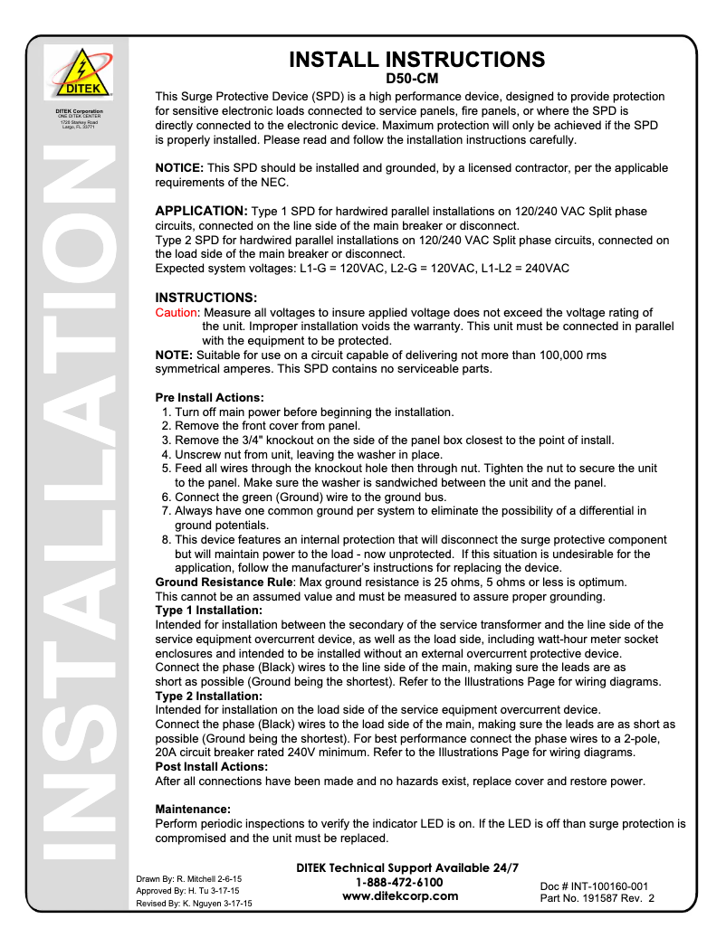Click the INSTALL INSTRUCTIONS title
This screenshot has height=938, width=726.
coord(416,61)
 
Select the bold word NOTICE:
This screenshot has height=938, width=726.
coord(179,168)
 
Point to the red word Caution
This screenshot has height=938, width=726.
coord(177,313)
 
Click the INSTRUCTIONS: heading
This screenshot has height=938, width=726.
coord(206,298)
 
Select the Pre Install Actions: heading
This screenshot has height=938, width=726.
coord(210,398)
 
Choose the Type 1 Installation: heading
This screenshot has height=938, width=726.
coord(209,611)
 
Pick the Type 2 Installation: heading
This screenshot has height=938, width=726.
coord(209,696)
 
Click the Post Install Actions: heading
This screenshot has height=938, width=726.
coord(212,766)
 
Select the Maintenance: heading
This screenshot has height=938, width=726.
coord(193,808)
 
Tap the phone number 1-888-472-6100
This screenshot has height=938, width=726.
coord(399,882)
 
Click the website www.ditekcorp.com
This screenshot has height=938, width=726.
coord(400,896)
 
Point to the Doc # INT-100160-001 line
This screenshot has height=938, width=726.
coord(594,886)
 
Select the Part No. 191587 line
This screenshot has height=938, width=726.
coord(597,898)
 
